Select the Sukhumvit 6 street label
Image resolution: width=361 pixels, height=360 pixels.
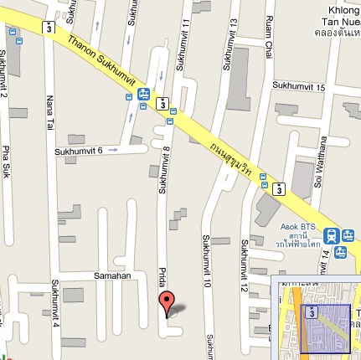(78, 151)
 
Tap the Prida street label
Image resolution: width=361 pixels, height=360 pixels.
(162, 279)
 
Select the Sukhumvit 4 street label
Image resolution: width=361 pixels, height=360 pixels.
(55, 306)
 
